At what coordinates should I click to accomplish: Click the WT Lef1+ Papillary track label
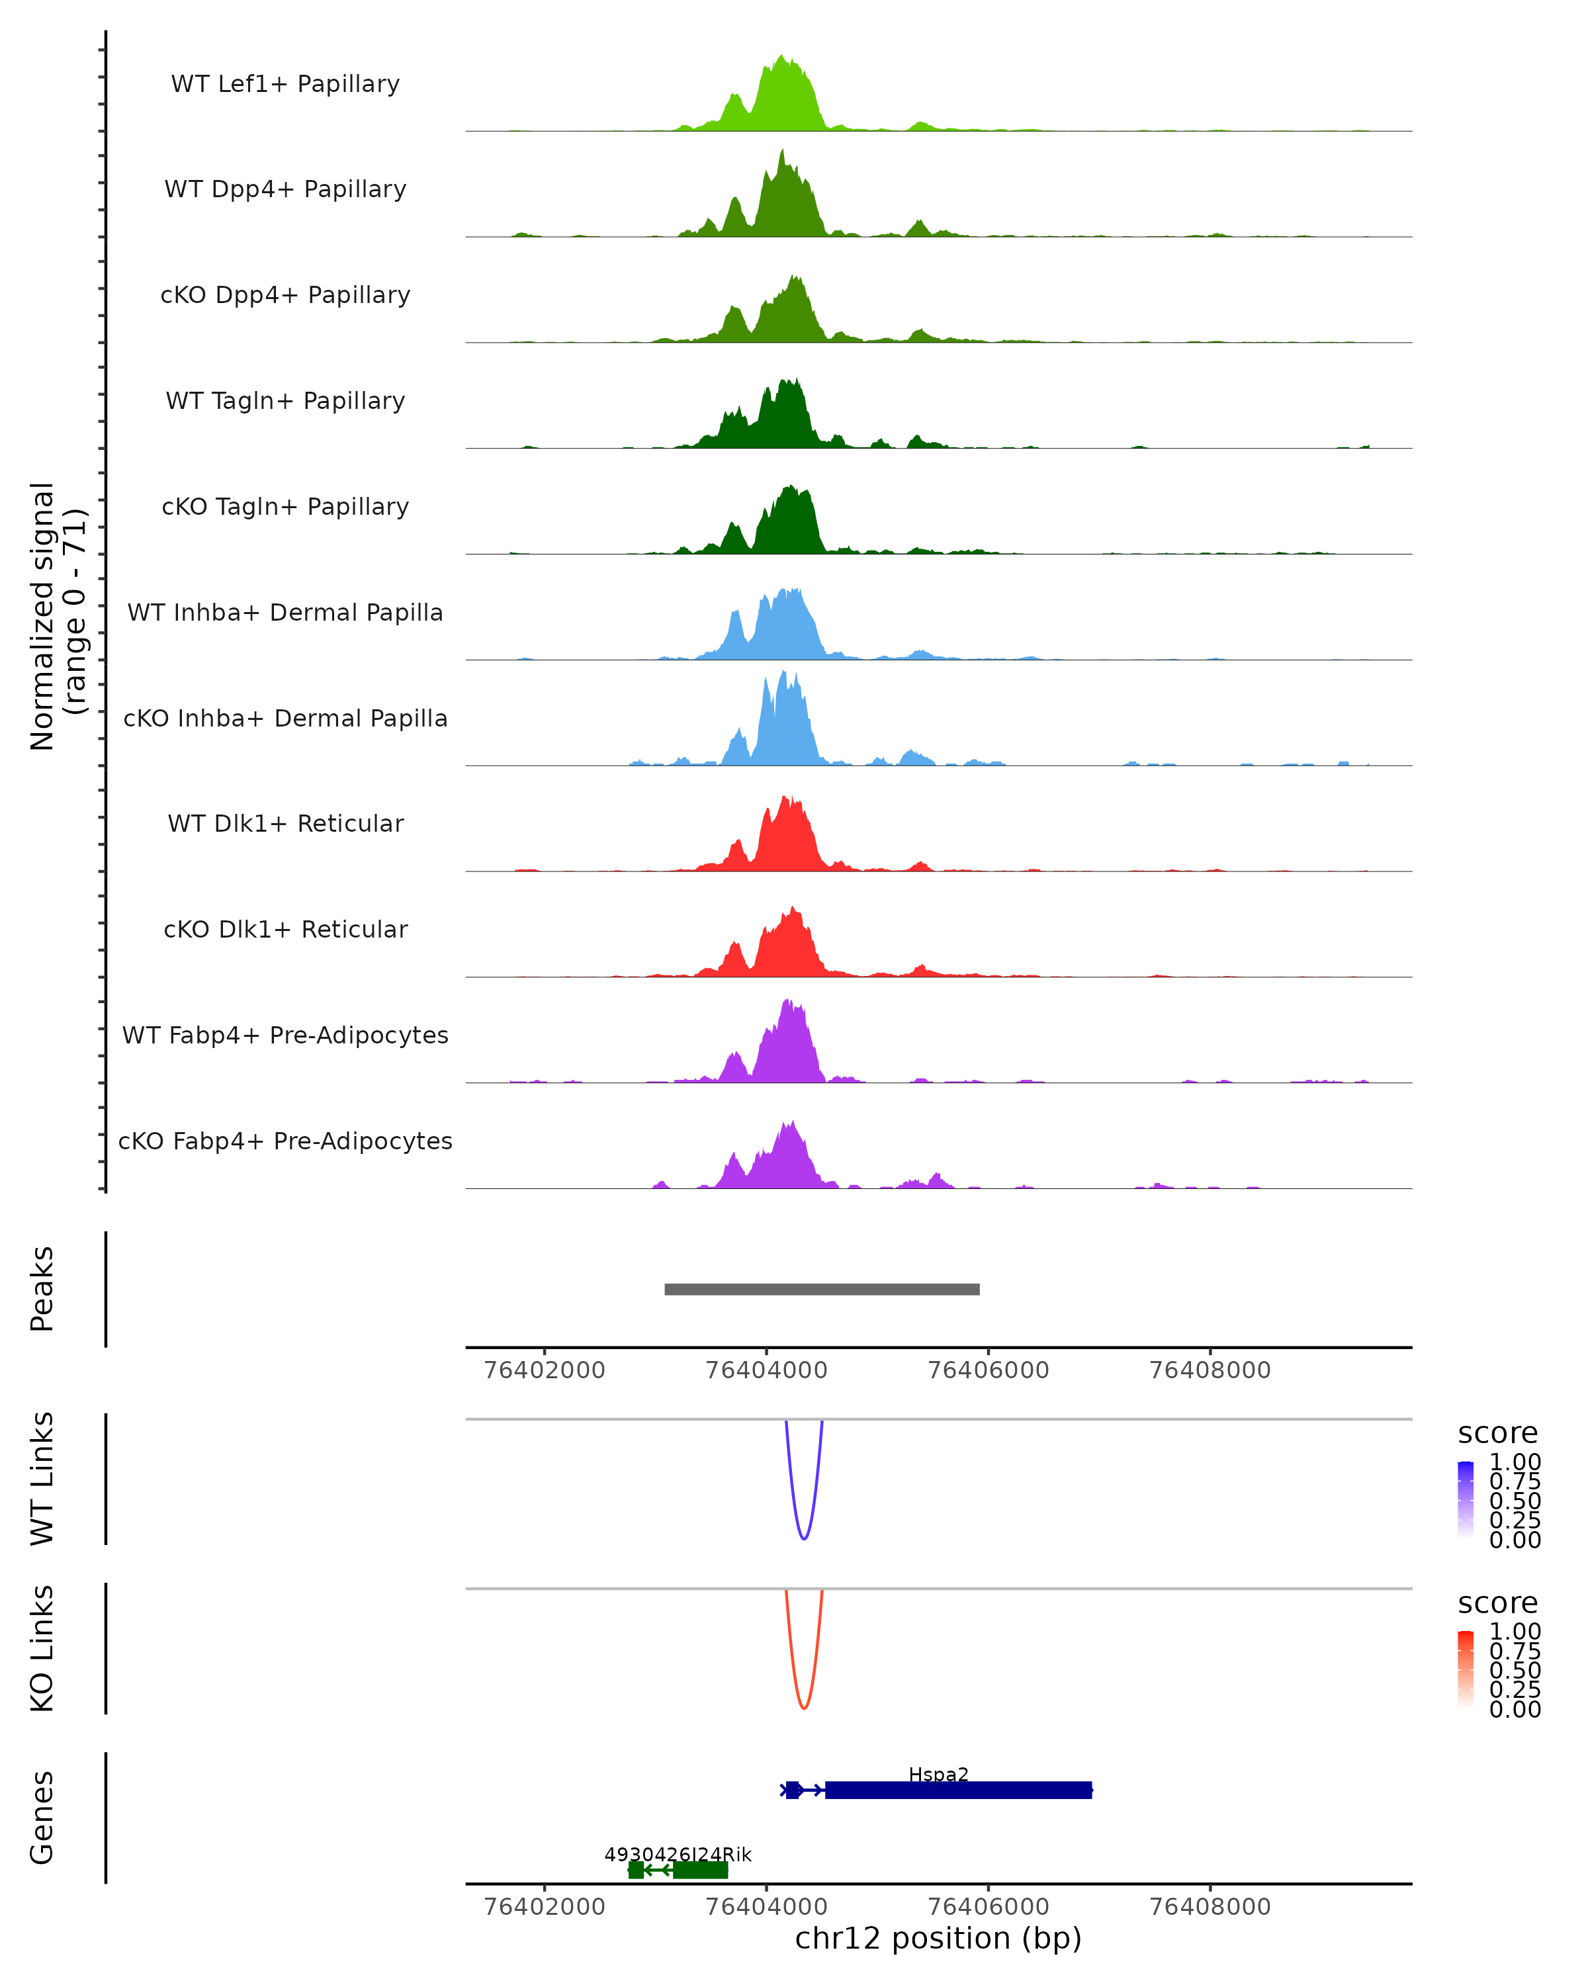tap(285, 84)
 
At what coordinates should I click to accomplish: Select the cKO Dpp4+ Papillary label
tap(285, 294)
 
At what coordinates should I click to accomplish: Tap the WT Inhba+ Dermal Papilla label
tap(285, 612)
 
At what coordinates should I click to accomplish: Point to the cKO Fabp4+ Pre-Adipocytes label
tap(285, 1141)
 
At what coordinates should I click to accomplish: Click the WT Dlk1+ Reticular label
tap(285, 823)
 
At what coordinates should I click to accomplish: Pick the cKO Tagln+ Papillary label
tap(285, 506)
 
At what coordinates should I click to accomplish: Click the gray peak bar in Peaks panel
tap(821, 1289)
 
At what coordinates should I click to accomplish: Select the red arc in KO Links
tap(804, 1706)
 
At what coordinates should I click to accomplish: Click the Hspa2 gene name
tap(938, 1774)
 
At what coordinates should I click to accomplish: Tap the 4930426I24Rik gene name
tap(678, 1854)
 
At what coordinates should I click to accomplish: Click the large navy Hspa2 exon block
tap(957, 1790)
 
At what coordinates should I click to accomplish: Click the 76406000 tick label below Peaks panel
tap(988, 1370)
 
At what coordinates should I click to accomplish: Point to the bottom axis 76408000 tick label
tap(1210, 1907)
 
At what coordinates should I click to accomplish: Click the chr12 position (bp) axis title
tap(938, 1938)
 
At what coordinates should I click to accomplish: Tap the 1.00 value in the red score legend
tap(1515, 1632)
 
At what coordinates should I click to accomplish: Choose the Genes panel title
tap(42, 1818)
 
